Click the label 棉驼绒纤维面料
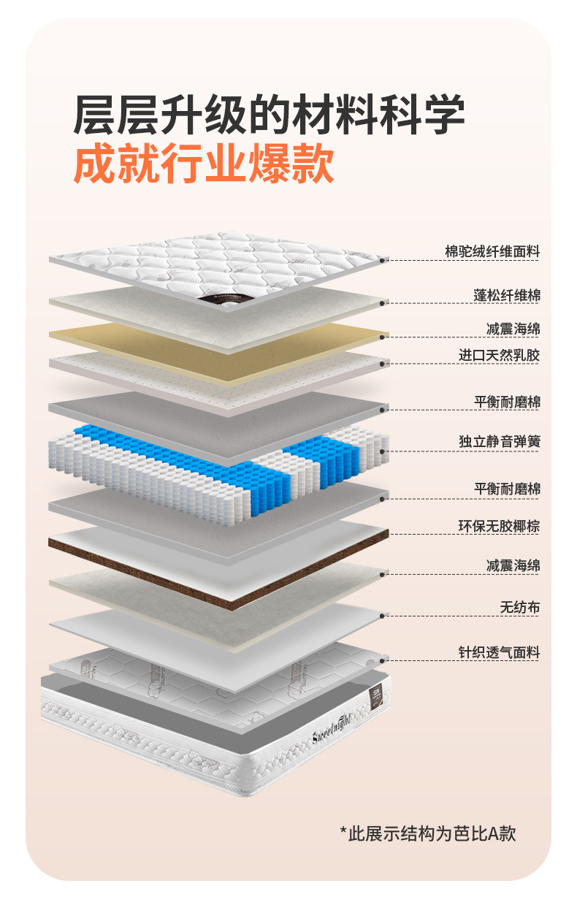click(x=492, y=252)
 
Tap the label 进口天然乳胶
click(x=499, y=355)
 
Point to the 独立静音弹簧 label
click(x=499, y=442)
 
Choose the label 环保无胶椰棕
click(x=499, y=527)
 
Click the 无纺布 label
click(x=519, y=608)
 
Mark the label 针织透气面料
click(x=499, y=652)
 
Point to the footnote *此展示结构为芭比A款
click(x=428, y=833)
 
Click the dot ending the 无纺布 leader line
click(x=383, y=616)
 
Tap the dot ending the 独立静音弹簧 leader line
click(x=383, y=451)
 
